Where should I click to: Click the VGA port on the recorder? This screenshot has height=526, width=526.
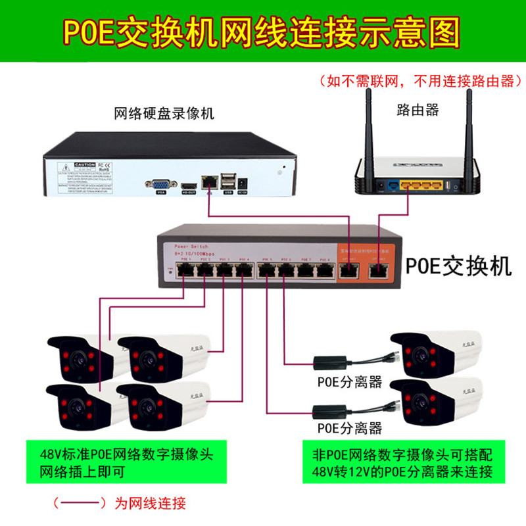click(160, 185)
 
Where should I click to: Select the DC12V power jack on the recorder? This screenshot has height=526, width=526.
click(243, 181)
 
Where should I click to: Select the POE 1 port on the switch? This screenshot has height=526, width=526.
click(185, 269)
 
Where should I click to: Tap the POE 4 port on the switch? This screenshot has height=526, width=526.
click(243, 269)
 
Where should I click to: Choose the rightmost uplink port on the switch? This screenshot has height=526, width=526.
click(380, 270)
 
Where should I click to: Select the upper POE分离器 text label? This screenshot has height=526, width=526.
click(349, 381)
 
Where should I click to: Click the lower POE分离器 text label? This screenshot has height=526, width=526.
click(349, 429)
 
